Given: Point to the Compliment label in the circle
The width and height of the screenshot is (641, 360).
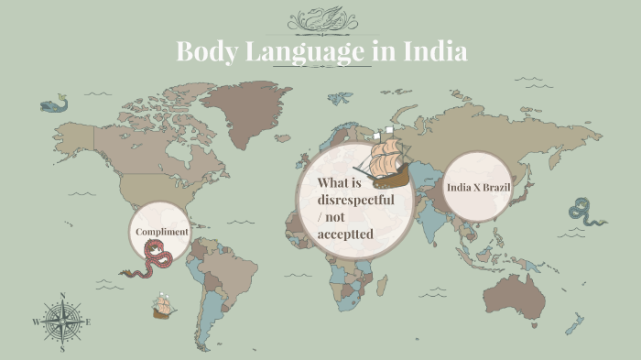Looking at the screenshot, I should click(x=162, y=232).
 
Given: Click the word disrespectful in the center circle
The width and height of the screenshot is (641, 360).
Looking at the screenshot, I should click(x=355, y=199).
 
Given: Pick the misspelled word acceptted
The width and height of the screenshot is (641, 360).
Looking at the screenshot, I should click(x=345, y=235).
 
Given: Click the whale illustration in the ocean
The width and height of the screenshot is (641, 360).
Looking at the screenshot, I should click(x=56, y=104).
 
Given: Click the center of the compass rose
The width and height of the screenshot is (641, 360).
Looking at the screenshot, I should click(x=62, y=322).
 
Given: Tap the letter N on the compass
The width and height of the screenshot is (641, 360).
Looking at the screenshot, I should click(x=62, y=296).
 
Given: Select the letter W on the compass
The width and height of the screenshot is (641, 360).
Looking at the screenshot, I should click(x=37, y=322).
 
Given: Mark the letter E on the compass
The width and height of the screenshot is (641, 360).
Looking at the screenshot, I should click(x=88, y=322).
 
